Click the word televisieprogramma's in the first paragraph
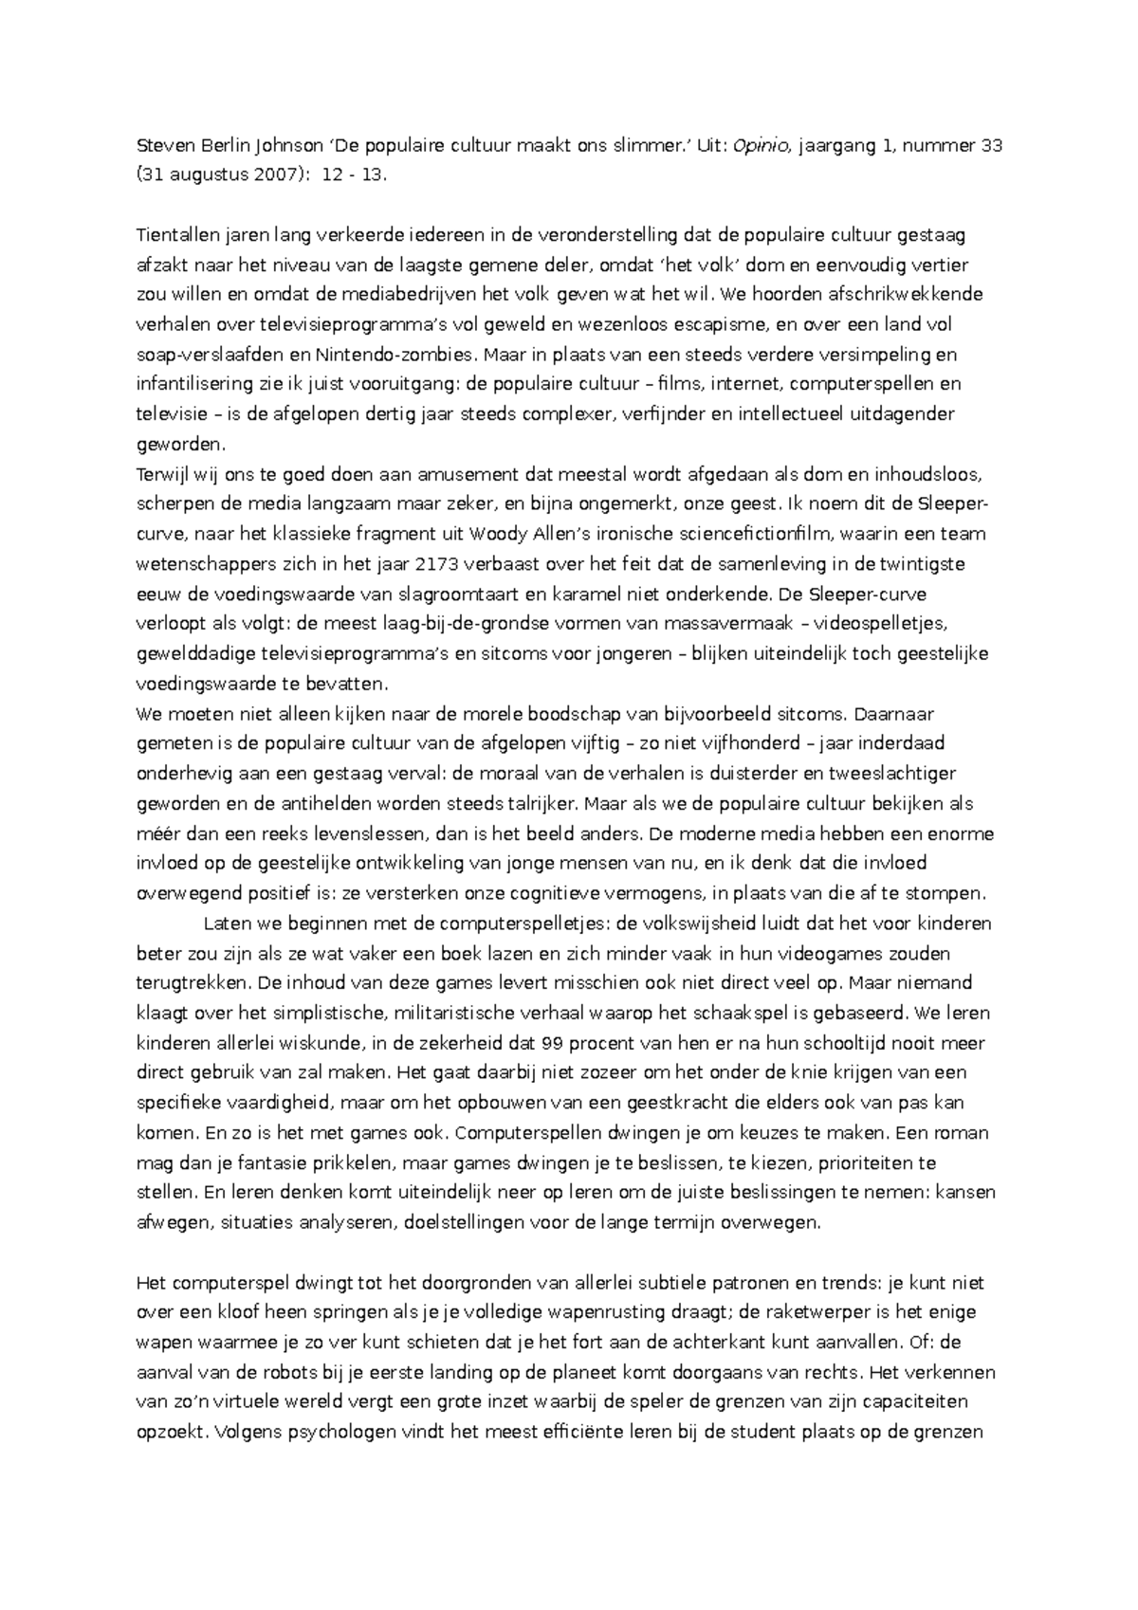click(350, 325)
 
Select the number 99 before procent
click(552, 1043)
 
